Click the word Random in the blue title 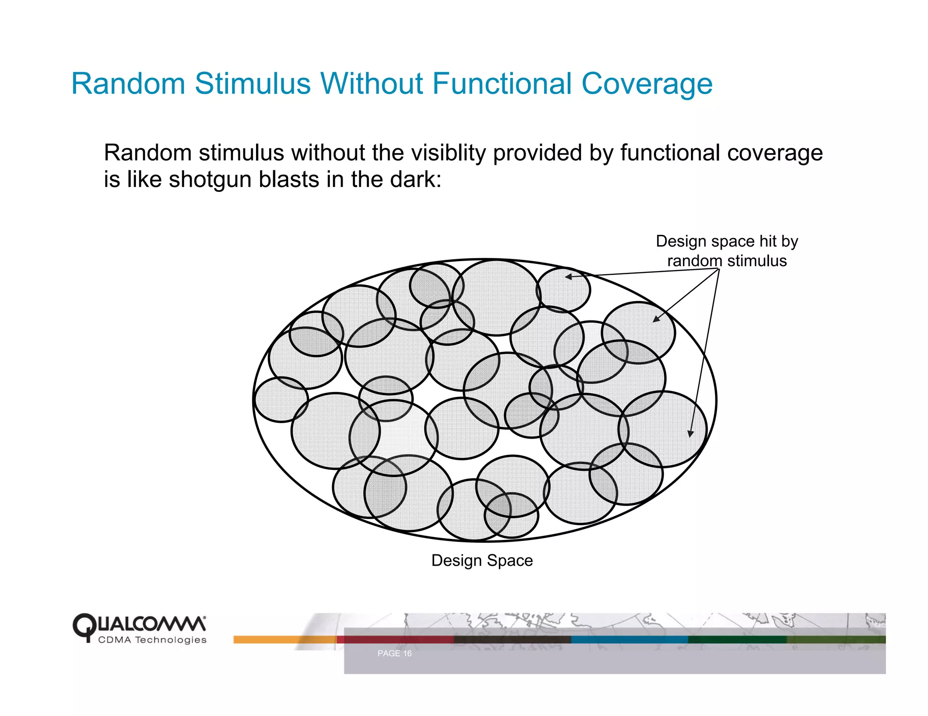(128, 84)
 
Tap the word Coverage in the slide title (647, 85)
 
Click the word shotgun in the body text (210, 180)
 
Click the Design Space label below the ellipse (482, 560)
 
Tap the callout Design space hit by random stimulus (726, 251)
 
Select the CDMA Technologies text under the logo (152, 640)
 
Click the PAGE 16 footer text (394, 654)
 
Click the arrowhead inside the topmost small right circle (568, 276)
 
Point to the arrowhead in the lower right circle (690, 434)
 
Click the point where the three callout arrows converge (719, 269)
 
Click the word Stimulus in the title (252, 84)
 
